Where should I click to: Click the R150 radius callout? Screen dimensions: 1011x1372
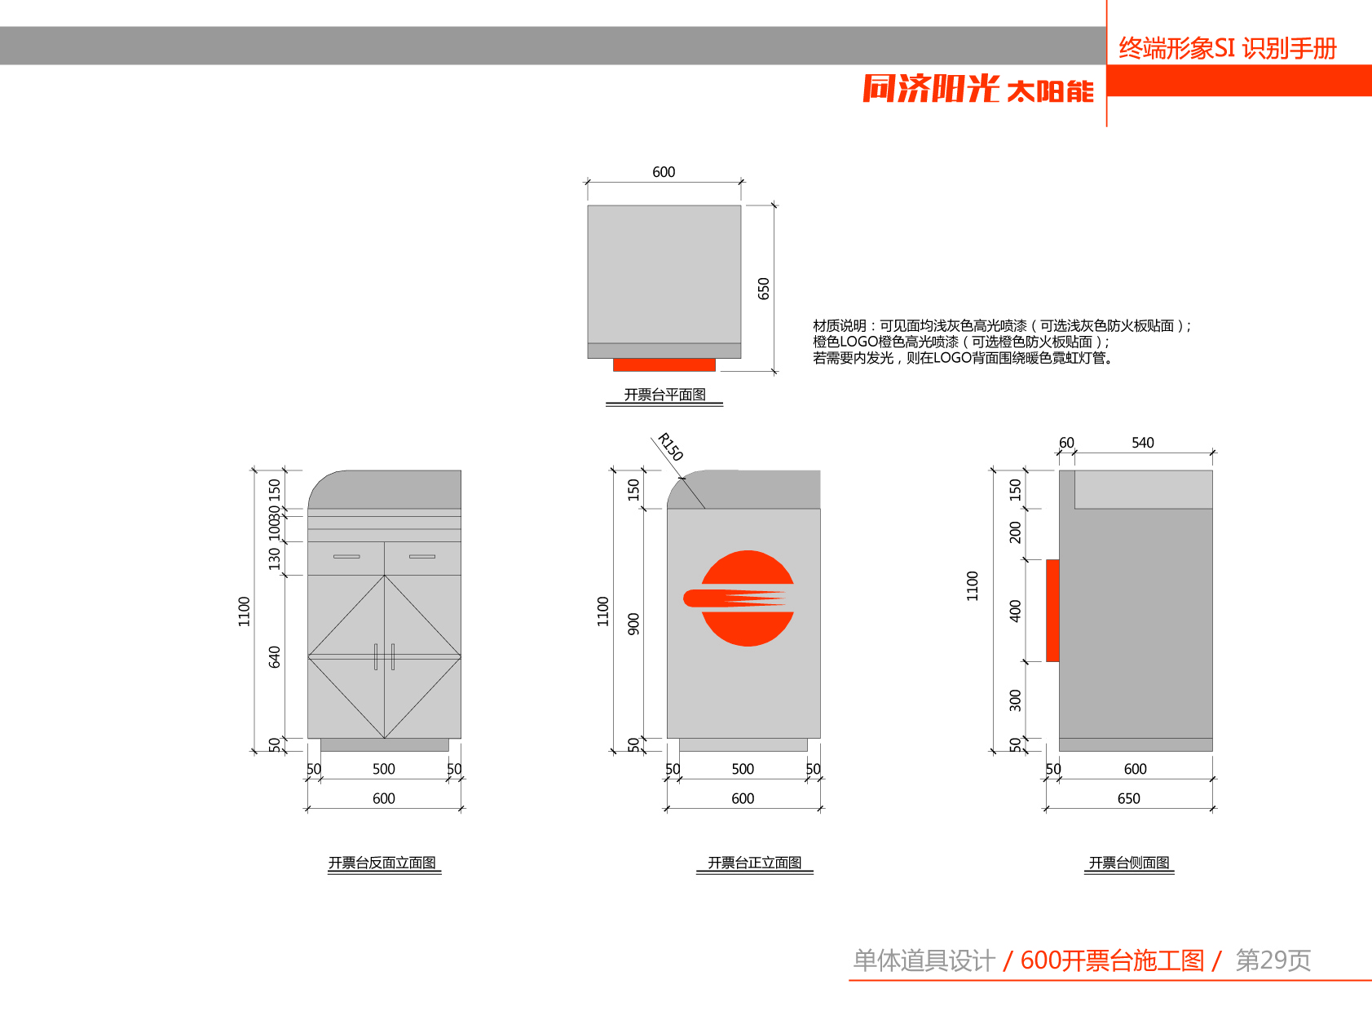[670, 447]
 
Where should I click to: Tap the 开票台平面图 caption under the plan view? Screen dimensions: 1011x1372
[664, 395]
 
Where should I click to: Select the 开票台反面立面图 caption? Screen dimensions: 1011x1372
[382, 863]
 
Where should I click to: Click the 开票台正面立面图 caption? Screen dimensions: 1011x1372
[754, 863]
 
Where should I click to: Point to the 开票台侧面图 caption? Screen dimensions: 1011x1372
[1129, 863]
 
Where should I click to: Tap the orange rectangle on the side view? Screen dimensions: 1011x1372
[1052, 610]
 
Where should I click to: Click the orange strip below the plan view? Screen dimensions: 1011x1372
[664, 364]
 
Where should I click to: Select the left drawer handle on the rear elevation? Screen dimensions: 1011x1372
[346, 557]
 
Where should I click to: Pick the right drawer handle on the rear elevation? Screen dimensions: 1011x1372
[422, 557]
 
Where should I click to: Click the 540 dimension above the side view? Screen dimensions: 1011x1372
[1142, 443]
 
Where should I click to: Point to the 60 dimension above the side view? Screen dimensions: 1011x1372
[1066, 443]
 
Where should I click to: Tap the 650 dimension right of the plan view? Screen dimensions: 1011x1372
[764, 289]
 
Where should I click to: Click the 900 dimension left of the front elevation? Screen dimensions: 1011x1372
[633, 624]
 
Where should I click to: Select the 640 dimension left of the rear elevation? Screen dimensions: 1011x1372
[275, 656]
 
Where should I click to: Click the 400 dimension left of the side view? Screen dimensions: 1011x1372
[1015, 611]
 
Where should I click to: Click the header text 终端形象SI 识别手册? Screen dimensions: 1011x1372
[1227, 49]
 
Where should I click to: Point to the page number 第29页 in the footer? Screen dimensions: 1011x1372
[1273, 960]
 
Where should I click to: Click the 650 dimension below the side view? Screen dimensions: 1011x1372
[1128, 798]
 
